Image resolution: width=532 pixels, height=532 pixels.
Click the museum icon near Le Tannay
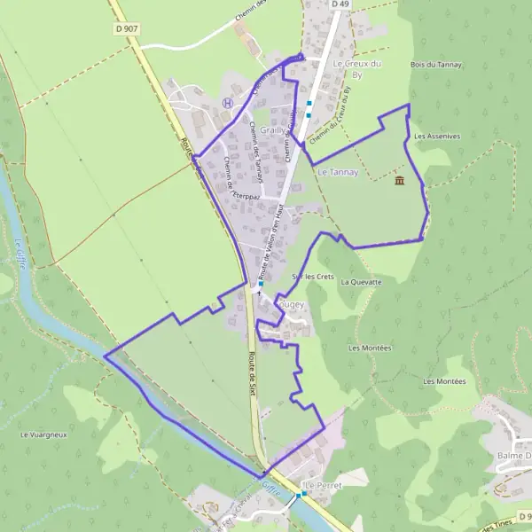coord(399,181)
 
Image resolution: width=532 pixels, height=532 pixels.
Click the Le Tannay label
coord(337,172)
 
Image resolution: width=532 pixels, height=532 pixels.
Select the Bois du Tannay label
coord(433,64)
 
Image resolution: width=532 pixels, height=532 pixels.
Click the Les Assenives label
coord(437,137)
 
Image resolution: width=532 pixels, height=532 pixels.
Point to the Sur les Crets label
coord(313,278)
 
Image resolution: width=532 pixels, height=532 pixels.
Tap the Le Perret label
coord(323,486)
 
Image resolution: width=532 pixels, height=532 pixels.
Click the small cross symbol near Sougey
coord(259,292)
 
